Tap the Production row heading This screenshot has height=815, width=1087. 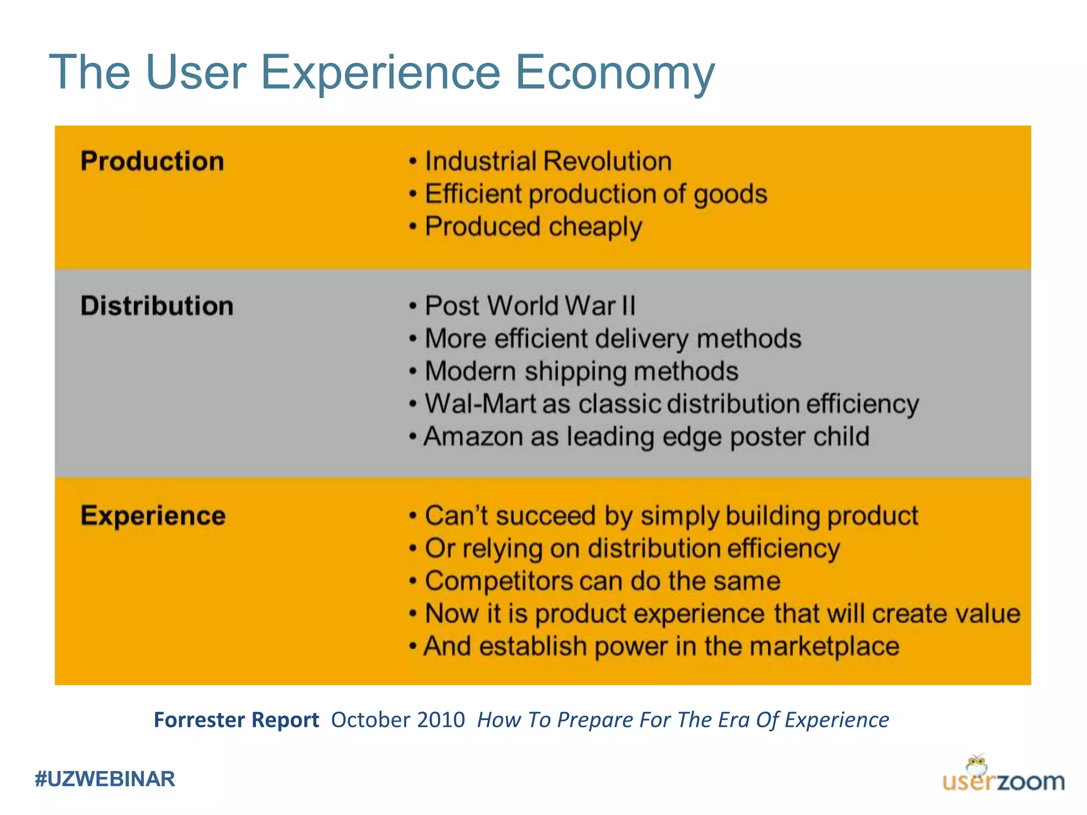click(x=152, y=161)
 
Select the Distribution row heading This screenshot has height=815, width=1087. click(x=157, y=306)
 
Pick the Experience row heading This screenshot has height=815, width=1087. click(x=153, y=516)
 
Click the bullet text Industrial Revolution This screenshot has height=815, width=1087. click(x=548, y=161)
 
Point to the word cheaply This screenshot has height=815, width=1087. click(x=595, y=227)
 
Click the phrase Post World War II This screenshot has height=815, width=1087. click(x=530, y=306)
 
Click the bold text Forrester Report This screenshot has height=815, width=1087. click(x=236, y=720)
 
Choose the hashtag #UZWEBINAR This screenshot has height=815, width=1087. click(x=105, y=779)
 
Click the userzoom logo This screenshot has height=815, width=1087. click(x=1003, y=776)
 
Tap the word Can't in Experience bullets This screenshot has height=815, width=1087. click(x=456, y=516)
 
